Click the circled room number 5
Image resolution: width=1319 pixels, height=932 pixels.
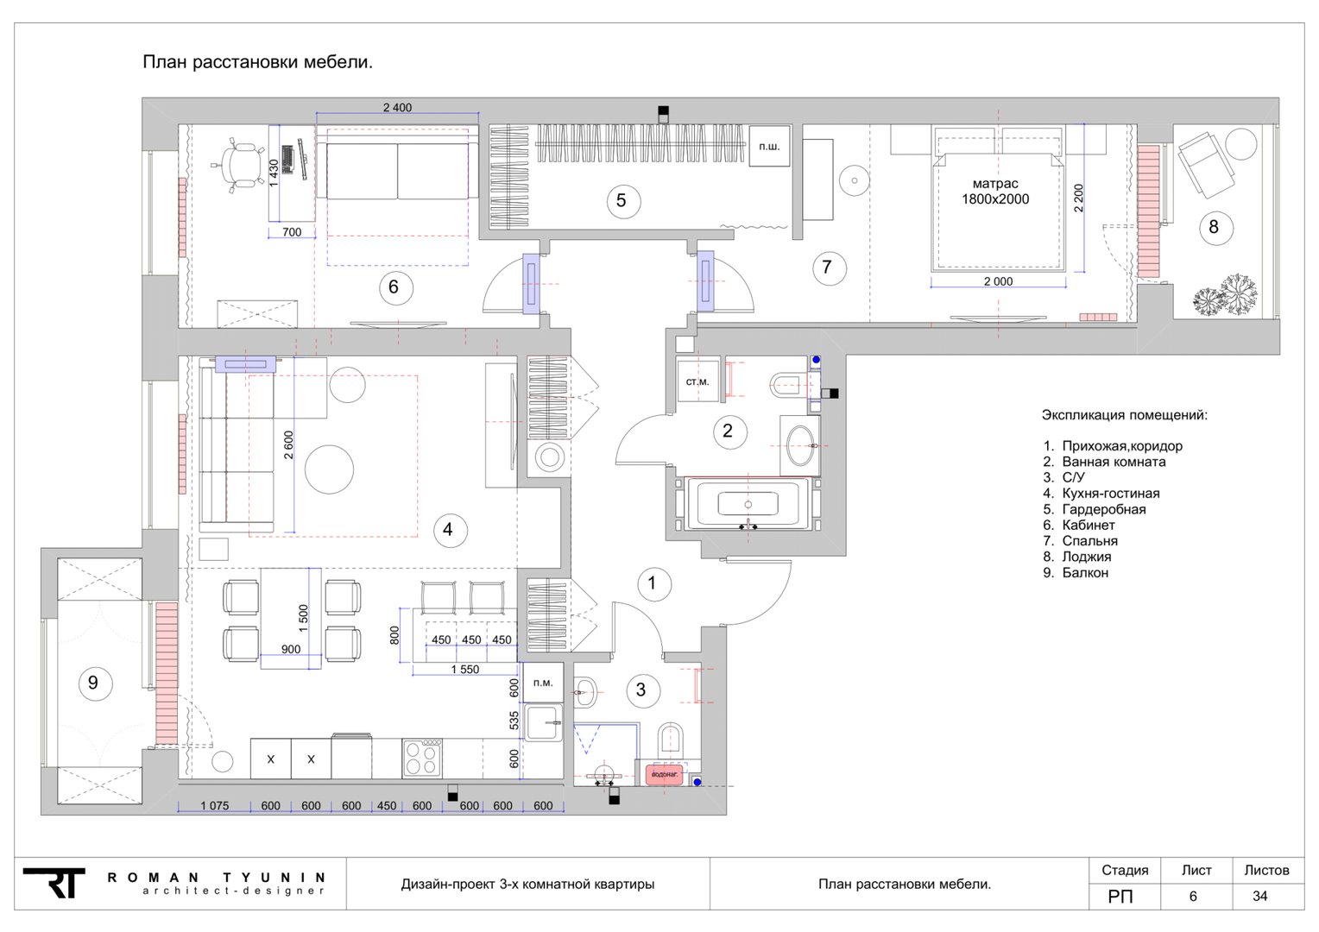pos(623,201)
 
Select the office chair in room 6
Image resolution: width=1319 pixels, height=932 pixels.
pos(238,164)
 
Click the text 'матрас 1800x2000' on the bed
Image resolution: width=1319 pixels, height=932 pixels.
pos(995,192)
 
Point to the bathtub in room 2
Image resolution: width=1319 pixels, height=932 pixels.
pos(748,504)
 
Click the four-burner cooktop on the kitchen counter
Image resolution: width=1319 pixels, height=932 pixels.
pos(422,759)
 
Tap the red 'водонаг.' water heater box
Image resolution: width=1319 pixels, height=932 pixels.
pos(664,774)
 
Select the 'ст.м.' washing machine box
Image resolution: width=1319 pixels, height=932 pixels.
pos(697,381)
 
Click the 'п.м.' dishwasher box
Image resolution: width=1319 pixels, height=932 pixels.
pos(543,683)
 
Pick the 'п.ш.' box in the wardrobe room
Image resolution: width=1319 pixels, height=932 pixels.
pos(769,146)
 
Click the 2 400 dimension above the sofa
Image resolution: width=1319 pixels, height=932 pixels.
pos(397,108)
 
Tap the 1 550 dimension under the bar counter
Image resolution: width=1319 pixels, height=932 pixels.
pos(465,670)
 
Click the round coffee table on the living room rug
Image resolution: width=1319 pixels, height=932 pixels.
pos(329,469)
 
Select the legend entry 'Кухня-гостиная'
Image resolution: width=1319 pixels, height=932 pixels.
pos(1111,494)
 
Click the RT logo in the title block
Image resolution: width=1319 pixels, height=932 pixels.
pos(54,883)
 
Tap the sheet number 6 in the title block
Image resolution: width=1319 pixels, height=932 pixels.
pos(1193,896)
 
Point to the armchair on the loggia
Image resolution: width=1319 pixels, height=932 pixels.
pos(1206,161)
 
